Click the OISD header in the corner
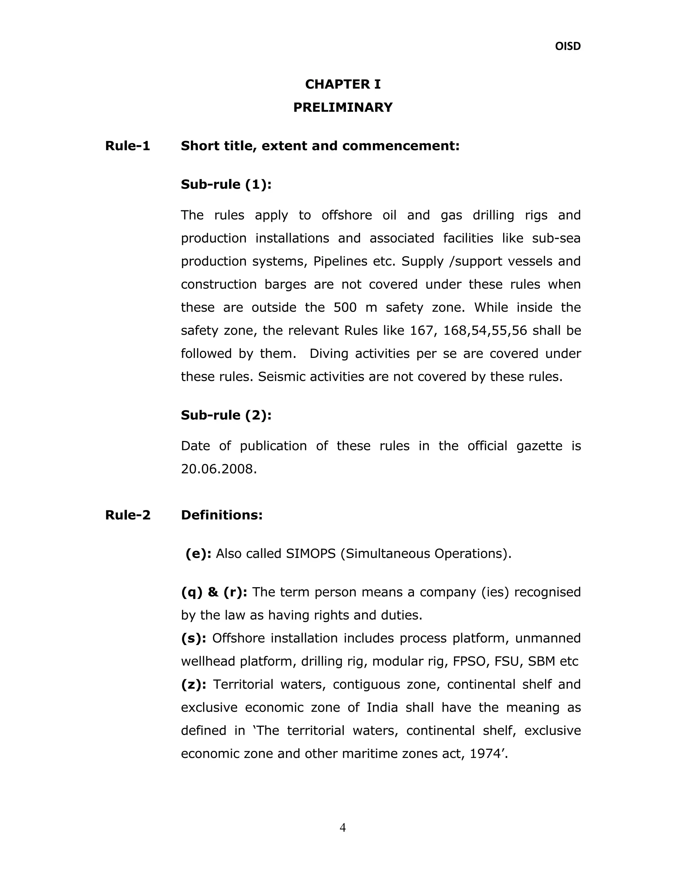tap(567, 46)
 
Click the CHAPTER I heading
tap(343, 84)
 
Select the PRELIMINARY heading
tap(343, 107)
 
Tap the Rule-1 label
tap(128, 145)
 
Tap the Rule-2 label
tap(128, 515)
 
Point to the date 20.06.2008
tap(218, 469)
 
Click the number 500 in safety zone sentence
tap(345, 307)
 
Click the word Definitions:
tap(221, 515)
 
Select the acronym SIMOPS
tap(311, 554)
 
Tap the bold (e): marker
tap(198, 554)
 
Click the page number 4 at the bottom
tap(343, 828)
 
